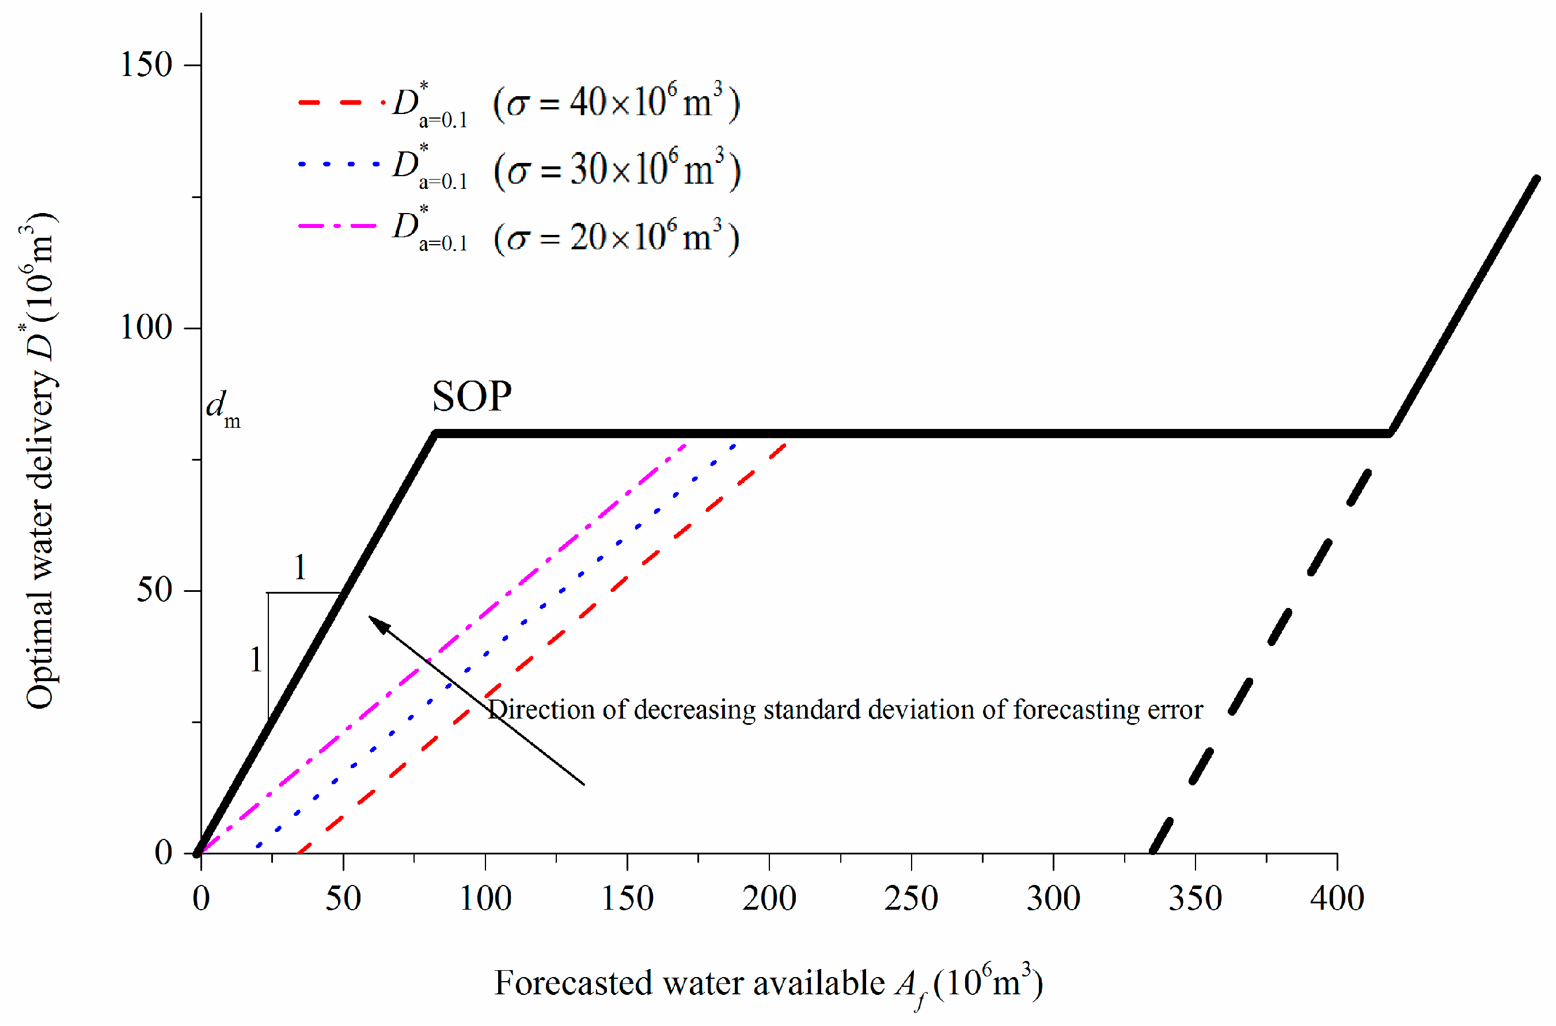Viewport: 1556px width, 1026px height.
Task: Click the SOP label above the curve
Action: tap(472, 397)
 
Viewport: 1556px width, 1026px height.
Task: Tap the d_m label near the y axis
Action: tap(222, 408)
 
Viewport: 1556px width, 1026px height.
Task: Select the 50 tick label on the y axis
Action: tap(154, 590)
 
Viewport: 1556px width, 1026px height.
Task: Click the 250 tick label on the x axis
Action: tap(910, 898)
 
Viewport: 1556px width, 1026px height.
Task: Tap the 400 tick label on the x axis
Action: tap(1336, 898)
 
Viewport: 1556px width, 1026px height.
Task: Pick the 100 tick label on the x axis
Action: tap(485, 898)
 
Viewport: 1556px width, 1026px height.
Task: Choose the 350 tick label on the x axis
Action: tap(1195, 898)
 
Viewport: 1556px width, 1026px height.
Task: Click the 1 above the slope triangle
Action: tap(299, 567)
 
